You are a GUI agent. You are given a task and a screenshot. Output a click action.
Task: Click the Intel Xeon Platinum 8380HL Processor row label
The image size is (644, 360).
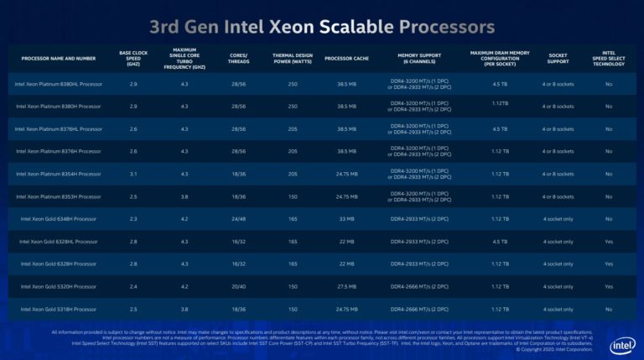point(59,84)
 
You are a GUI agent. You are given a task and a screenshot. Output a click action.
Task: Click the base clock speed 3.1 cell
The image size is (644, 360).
point(133,174)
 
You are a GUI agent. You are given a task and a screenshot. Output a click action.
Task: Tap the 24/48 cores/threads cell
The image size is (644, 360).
point(237,218)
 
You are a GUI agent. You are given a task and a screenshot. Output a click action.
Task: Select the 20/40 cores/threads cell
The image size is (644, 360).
point(237,285)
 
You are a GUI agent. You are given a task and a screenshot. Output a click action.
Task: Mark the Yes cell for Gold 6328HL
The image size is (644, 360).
point(609,241)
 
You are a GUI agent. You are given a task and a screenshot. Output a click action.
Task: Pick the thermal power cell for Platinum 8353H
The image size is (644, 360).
point(292,196)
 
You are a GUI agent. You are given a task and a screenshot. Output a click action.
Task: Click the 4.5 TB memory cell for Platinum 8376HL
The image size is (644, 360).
point(501,128)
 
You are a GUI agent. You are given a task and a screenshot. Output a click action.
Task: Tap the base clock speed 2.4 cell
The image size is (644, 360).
point(133,285)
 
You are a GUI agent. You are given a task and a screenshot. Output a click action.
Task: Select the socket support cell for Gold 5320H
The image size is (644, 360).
point(558,285)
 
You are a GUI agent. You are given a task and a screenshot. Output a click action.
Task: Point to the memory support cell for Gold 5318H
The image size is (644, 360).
point(419,308)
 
